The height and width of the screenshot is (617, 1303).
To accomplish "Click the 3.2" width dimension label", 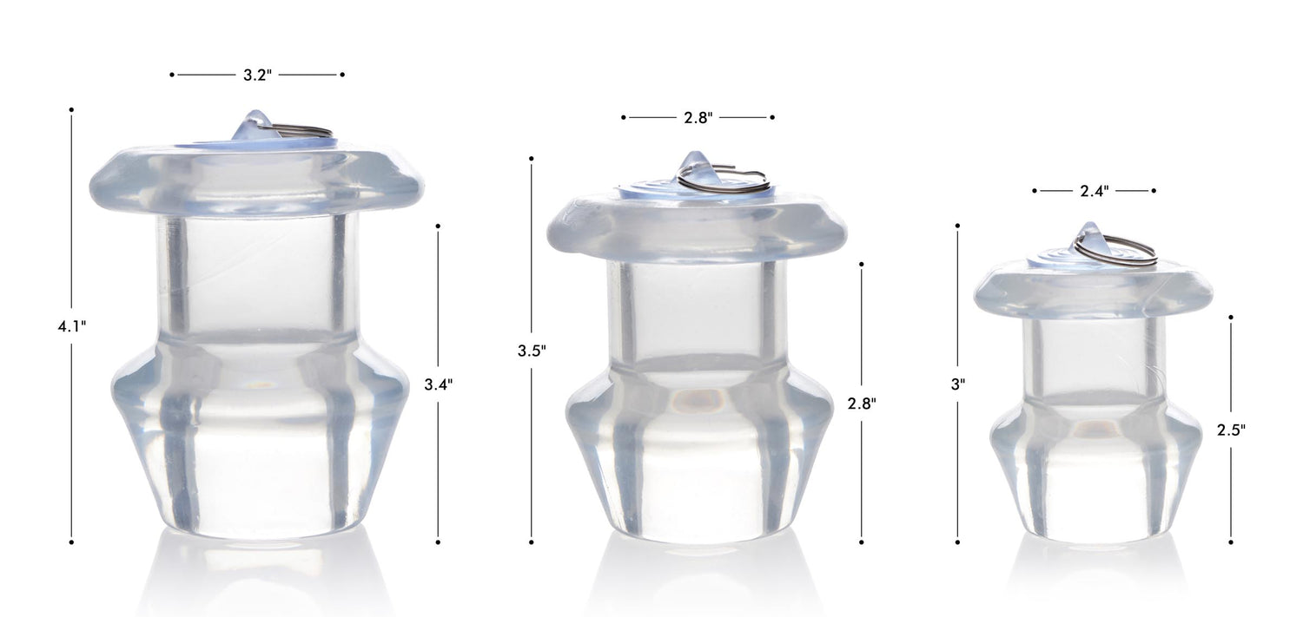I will click(x=257, y=75).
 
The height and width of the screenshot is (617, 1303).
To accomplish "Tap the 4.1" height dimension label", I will click(x=71, y=326).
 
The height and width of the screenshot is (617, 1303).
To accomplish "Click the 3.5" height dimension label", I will click(x=531, y=351).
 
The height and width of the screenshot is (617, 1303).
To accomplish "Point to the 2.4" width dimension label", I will click(x=1094, y=191).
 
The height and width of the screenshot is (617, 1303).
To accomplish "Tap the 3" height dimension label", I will click(x=957, y=384).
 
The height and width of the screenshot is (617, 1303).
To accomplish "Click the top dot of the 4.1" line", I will click(x=71, y=109).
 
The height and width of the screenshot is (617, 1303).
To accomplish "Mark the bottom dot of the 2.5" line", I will click(x=1232, y=542).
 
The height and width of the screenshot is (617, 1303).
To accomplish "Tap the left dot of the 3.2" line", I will click(x=172, y=75).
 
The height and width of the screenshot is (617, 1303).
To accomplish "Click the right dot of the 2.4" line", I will click(x=1154, y=191).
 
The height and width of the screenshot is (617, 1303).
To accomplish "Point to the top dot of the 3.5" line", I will click(x=531, y=159).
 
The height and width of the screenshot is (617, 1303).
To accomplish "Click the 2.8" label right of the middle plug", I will click(x=861, y=403).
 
